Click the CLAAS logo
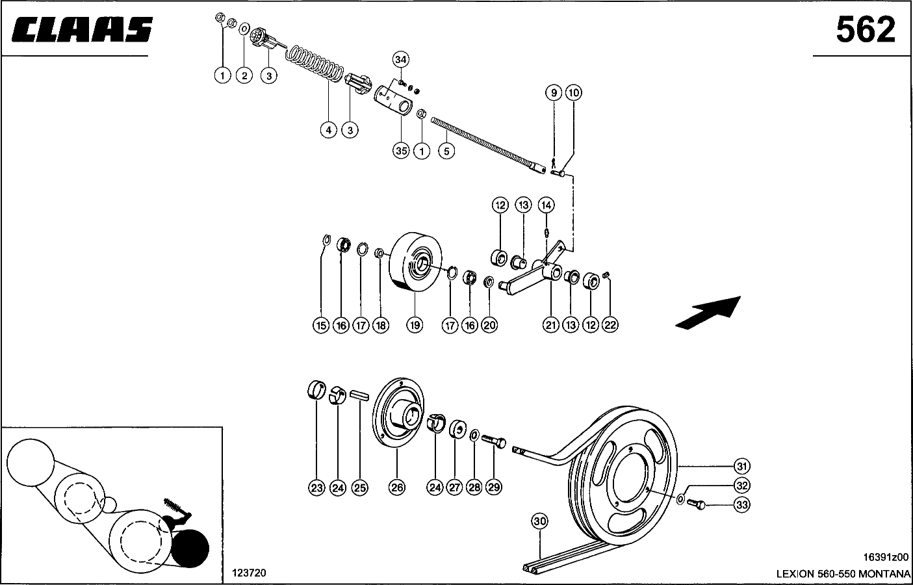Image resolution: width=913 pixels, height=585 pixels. click(81, 30)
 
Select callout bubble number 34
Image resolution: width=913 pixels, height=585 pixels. click(401, 60)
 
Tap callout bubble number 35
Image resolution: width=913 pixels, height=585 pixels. click(401, 150)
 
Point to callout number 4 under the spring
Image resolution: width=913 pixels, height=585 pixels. click(329, 130)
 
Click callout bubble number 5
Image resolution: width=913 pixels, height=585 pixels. click(446, 151)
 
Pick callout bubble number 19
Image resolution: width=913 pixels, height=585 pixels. click(415, 325)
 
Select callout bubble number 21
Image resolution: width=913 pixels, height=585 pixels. click(551, 325)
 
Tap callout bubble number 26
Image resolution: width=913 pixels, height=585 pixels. click(397, 487)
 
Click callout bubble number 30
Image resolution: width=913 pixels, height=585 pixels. click(539, 521)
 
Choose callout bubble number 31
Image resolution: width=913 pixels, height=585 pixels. click(742, 466)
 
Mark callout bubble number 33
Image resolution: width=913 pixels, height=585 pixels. click(742, 503)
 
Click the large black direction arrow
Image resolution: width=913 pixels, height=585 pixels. click(708, 311)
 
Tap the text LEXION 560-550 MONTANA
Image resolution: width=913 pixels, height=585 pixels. click(843, 573)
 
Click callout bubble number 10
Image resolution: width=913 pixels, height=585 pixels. click(573, 93)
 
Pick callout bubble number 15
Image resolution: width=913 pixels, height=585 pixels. click(321, 325)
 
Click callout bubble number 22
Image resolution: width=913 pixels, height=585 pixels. click(611, 325)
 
